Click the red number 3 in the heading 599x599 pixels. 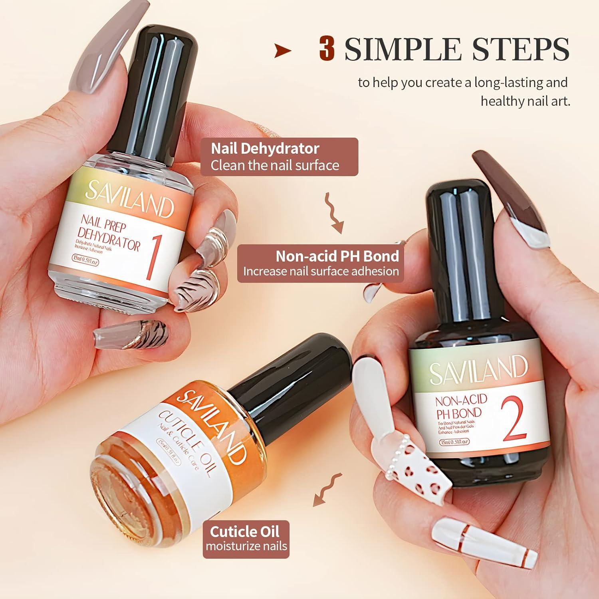tap(326, 49)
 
